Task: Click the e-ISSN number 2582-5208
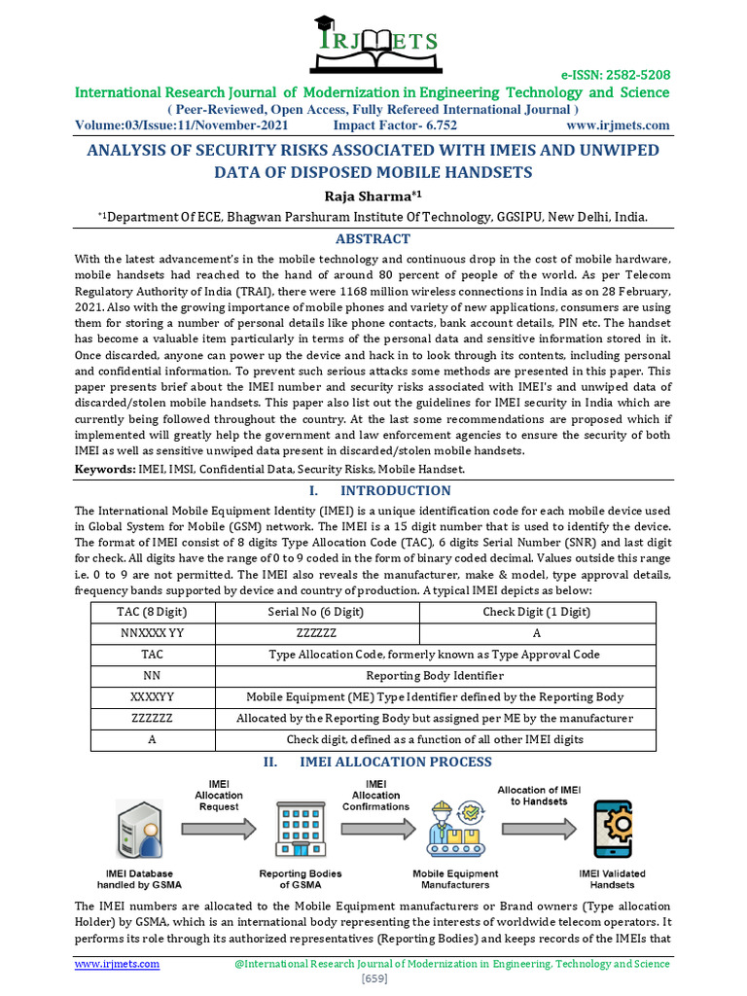pos(617,75)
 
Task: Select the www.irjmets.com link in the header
pos(618,125)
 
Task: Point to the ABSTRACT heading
pos(373,238)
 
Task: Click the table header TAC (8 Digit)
pos(152,612)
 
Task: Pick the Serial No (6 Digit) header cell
pos(316,612)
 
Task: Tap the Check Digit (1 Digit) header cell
pos(536,612)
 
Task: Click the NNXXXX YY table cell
pos(152,633)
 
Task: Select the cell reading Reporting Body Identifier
pos(435,676)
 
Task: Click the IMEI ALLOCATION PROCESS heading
pos(395,762)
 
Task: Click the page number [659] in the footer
pos(373,978)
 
